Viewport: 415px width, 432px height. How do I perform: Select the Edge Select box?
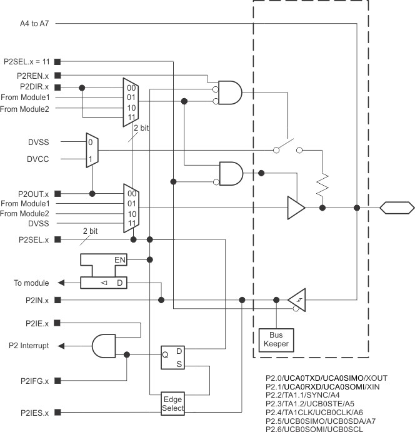(172, 403)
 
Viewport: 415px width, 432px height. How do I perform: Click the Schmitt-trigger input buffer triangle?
(297, 301)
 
